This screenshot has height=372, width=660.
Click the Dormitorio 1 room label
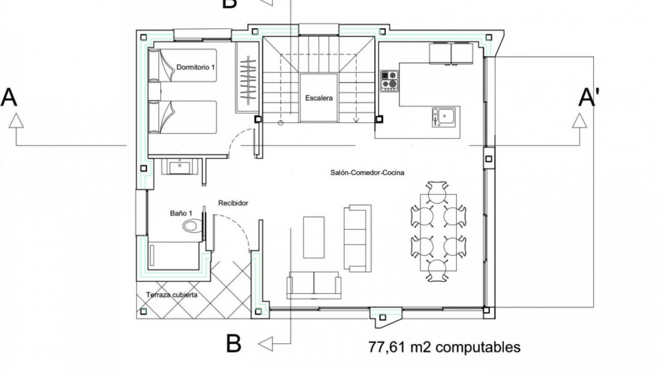click(x=195, y=67)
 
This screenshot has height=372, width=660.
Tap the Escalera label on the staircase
click(x=319, y=98)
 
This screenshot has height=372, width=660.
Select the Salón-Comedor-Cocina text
click(x=367, y=173)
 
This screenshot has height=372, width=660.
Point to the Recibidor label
click(x=233, y=203)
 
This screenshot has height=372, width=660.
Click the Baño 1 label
click(x=181, y=214)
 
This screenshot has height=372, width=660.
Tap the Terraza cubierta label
click(x=172, y=295)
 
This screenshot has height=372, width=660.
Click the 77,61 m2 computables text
click(x=444, y=347)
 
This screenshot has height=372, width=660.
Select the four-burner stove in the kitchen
click(x=389, y=81)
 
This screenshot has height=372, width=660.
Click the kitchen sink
click(x=443, y=117)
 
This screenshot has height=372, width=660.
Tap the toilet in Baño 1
click(x=192, y=226)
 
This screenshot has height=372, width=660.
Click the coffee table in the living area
click(x=313, y=237)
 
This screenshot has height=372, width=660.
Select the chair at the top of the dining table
click(x=437, y=192)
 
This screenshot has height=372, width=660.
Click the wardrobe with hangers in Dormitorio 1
click(x=247, y=77)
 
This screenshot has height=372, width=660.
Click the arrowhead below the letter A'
click(x=580, y=121)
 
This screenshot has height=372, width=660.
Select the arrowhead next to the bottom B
click(x=265, y=343)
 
